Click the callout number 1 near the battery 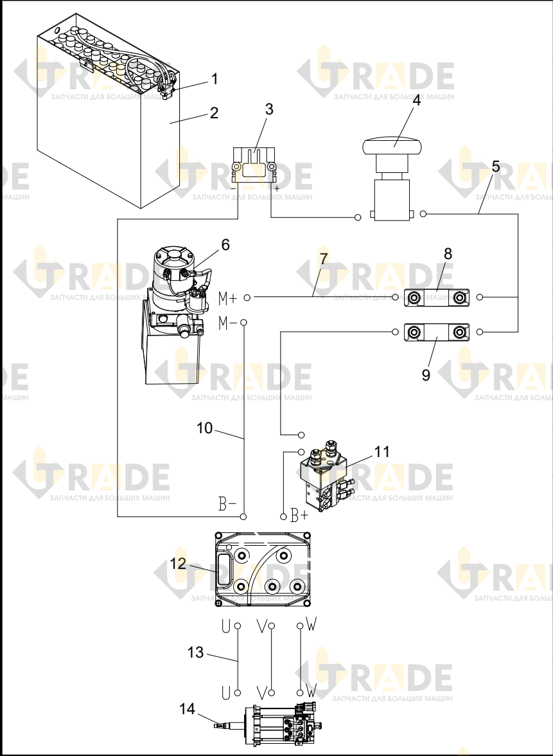point(215,79)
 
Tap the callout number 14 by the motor point(188,708)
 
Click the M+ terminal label point(228,298)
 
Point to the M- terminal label point(227,323)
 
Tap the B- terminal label point(227,504)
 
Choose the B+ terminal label point(299,516)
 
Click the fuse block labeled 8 point(437,298)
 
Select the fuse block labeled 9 point(437,332)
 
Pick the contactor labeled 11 point(326,476)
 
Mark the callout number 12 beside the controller point(178,563)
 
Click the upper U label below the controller point(225,625)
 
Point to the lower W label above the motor point(311,692)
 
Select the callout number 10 point(205,428)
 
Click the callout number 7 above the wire point(324,258)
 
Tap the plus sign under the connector point(276,189)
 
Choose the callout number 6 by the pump point(225,245)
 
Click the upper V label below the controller point(261,626)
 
